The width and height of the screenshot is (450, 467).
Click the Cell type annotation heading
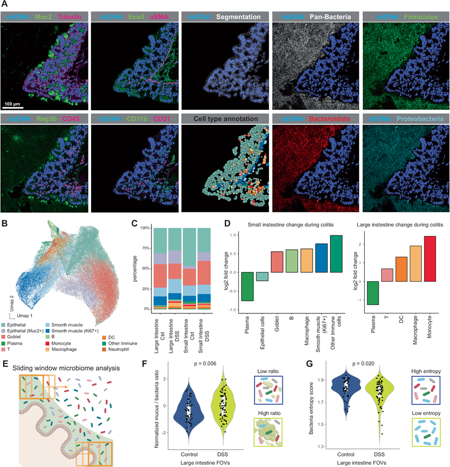point(225,119)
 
